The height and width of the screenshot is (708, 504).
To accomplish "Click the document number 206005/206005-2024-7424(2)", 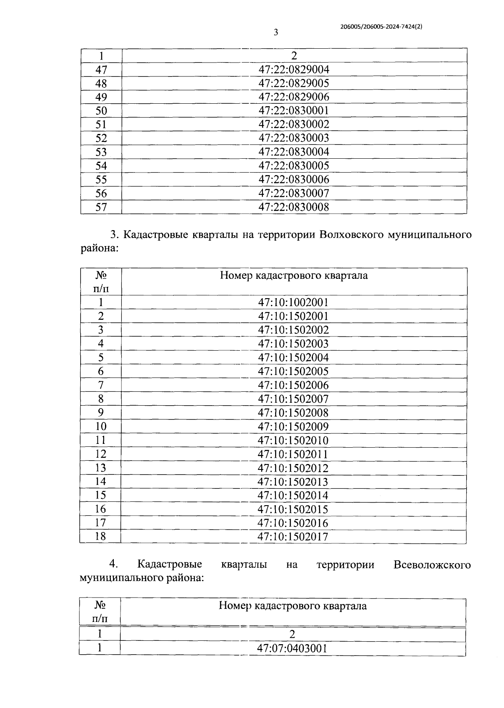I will coord(381,26).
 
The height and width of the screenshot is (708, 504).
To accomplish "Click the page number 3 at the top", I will coord(276,33).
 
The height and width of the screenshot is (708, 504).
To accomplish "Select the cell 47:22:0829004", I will coord(294,69).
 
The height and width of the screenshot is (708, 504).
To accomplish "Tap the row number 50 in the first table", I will coord(101,111).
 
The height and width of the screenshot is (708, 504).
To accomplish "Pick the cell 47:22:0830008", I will coord(294,207).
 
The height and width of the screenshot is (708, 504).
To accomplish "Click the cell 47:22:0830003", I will coord(294,138).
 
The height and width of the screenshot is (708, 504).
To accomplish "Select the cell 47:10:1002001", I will coord(293,302).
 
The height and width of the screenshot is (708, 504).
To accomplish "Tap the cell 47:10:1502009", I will coord(293,427).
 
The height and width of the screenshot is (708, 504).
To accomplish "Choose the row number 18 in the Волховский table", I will coord(101,536).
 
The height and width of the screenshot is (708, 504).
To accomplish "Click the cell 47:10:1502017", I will coord(293,537).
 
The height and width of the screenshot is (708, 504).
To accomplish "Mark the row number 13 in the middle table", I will coord(101,468).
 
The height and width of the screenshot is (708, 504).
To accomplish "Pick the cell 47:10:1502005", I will coord(293,371).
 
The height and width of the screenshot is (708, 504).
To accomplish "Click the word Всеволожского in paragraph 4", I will coord(432,565).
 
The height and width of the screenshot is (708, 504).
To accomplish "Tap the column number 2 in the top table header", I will coord(294,55).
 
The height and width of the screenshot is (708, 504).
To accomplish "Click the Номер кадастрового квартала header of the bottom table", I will coord(292,606).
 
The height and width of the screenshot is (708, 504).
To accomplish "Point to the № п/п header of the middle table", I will coord(101,282).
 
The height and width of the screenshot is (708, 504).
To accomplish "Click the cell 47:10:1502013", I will coord(293,482).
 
